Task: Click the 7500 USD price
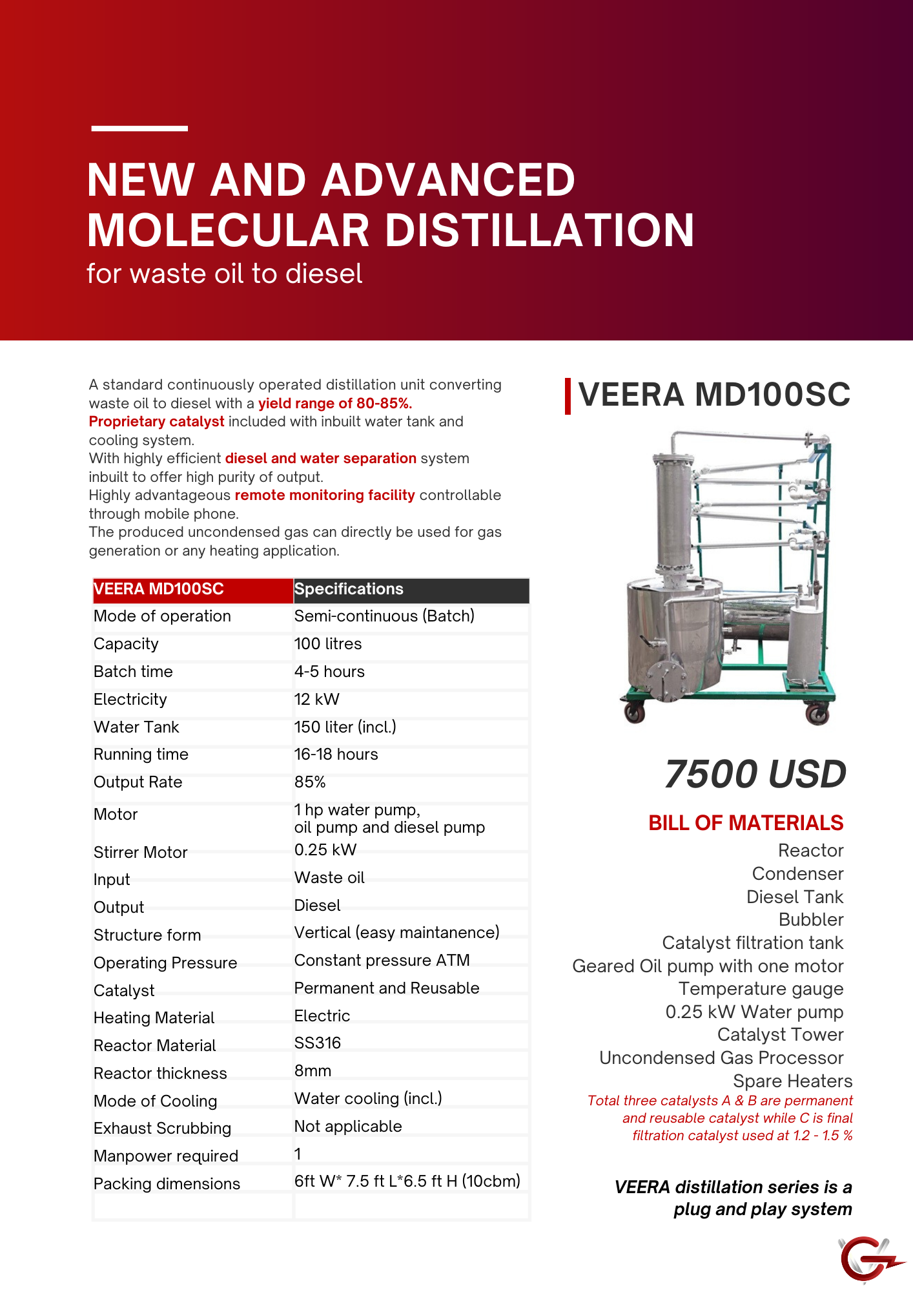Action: (x=755, y=774)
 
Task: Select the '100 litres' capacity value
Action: (x=328, y=644)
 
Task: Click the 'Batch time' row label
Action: (x=133, y=672)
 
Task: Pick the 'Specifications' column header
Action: (x=349, y=589)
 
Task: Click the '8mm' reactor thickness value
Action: (x=313, y=1071)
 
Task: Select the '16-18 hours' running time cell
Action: (x=336, y=755)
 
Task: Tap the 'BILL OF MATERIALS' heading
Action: (x=746, y=823)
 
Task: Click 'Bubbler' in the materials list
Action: (x=811, y=920)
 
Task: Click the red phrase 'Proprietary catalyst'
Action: (x=156, y=422)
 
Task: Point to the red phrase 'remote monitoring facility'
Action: (x=325, y=495)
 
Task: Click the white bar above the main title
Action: (x=139, y=129)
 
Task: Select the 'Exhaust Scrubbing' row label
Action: (x=162, y=1129)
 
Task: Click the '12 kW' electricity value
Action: (x=316, y=700)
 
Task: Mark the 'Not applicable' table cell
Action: (x=348, y=1127)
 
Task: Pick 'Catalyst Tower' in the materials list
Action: (x=780, y=1035)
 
